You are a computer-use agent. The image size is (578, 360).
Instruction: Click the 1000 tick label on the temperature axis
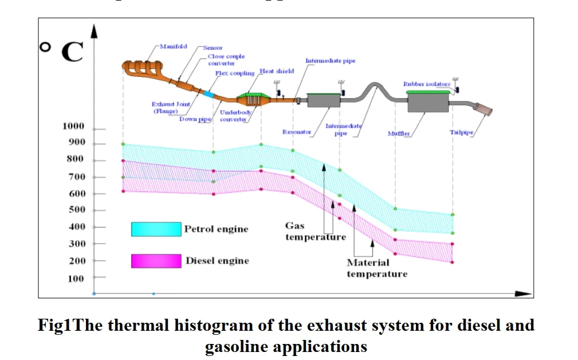pyautogui.click(x=73, y=126)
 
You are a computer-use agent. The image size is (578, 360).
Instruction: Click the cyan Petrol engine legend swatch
pyautogui.click(x=156, y=229)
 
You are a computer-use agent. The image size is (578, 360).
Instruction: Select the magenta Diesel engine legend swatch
pyautogui.click(x=156, y=261)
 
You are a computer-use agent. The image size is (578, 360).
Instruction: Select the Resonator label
pyautogui.click(x=297, y=132)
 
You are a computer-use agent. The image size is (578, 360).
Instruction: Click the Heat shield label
pyautogui.click(x=277, y=71)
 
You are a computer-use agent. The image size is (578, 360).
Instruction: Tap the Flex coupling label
pyautogui.click(x=234, y=73)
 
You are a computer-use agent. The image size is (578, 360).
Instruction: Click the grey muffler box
pyautogui.click(x=427, y=103)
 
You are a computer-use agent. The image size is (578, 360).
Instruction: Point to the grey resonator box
pyautogui.click(x=324, y=101)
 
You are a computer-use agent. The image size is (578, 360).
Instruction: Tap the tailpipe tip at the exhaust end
pyautogui.click(x=483, y=110)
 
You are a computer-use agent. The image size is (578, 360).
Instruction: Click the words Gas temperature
pyautogui.click(x=316, y=232)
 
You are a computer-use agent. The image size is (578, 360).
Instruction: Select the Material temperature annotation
pyautogui.click(x=376, y=268)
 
